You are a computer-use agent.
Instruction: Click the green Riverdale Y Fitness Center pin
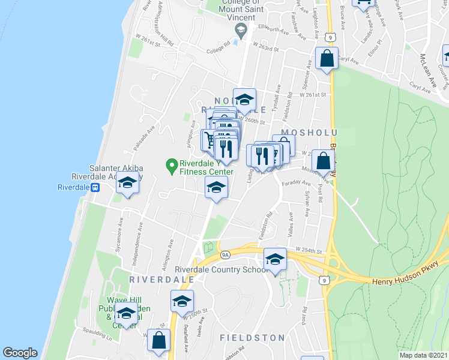click(171, 164)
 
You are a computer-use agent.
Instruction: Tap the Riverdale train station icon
click(95, 187)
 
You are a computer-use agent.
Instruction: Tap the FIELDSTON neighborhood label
click(252, 338)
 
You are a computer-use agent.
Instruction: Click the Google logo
click(20, 353)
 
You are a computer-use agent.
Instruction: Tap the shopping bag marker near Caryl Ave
click(327, 59)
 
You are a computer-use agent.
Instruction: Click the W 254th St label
click(309, 250)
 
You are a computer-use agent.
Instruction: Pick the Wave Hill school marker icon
click(126, 313)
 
